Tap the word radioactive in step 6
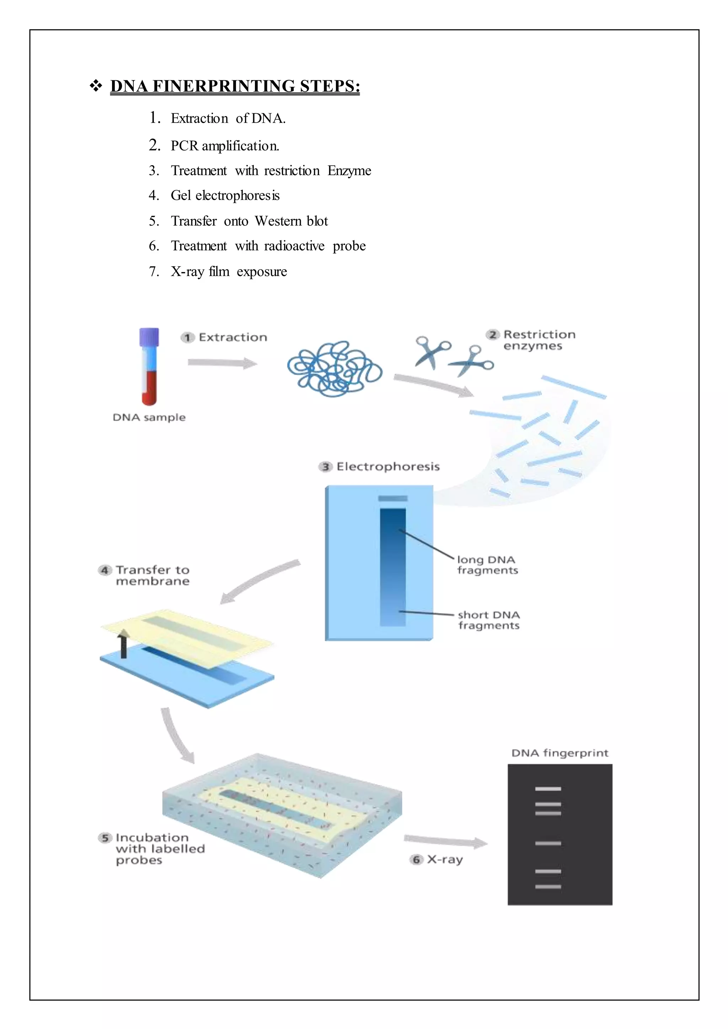294,246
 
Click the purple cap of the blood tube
149,336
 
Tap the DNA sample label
149,417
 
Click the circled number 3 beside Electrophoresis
326,467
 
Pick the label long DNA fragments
487,565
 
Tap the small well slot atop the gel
393,499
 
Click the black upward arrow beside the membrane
123,643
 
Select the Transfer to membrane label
152,576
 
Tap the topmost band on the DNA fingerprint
548,789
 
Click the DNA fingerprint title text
560,753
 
